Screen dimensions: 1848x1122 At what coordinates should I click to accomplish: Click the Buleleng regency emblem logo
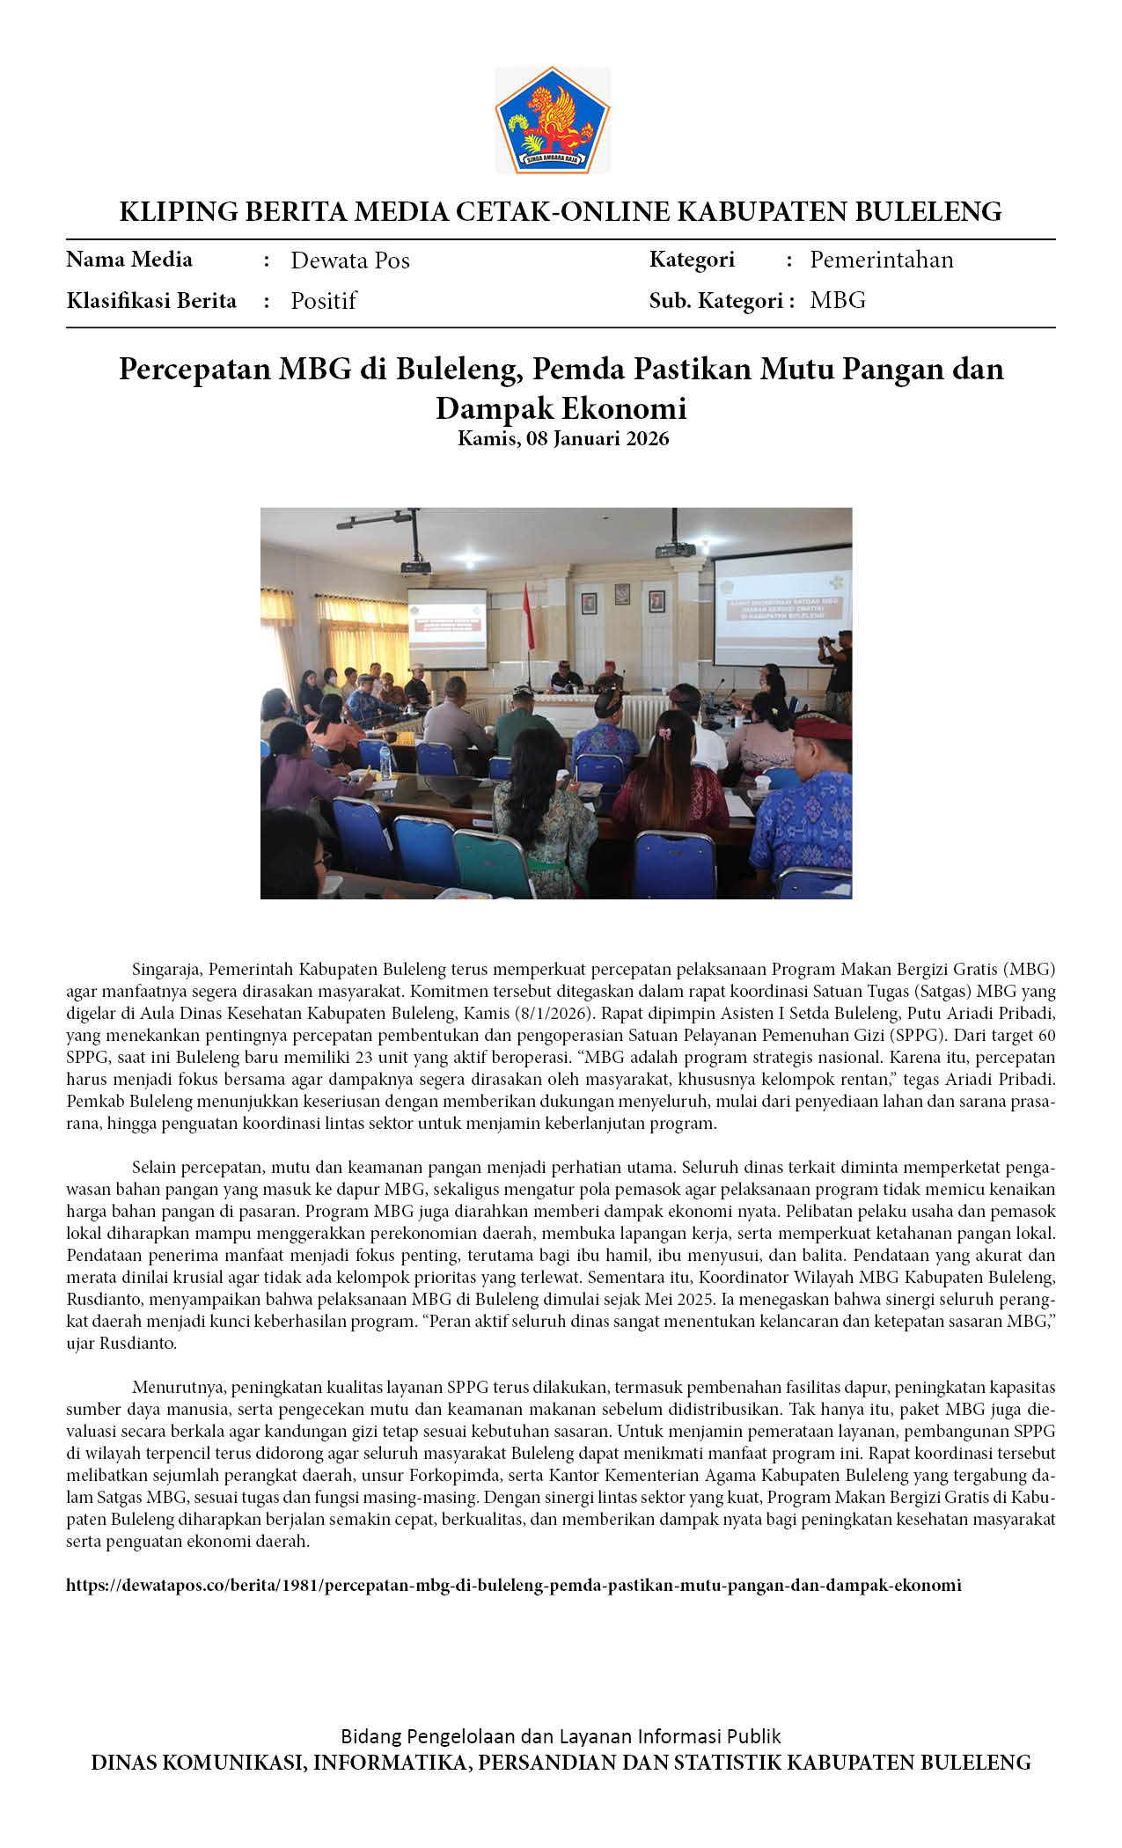point(553,120)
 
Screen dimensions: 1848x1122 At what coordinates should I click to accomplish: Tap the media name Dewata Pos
point(350,260)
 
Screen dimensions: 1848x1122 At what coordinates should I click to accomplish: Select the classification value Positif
point(323,301)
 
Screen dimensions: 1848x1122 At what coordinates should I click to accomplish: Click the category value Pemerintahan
point(881,260)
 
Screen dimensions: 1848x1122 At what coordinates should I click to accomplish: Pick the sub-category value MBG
point(838,300)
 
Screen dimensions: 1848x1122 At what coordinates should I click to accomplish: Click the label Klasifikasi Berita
point(151,301)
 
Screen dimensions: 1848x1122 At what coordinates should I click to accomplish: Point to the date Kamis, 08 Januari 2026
point(563,438)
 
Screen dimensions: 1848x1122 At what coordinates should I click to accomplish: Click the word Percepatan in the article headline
point(194,369)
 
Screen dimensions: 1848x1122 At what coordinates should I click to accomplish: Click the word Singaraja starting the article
point(167,970)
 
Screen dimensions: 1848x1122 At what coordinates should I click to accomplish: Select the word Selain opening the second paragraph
point(154,1168)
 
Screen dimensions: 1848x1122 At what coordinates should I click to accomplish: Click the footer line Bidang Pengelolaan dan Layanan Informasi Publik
point(561,1736)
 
